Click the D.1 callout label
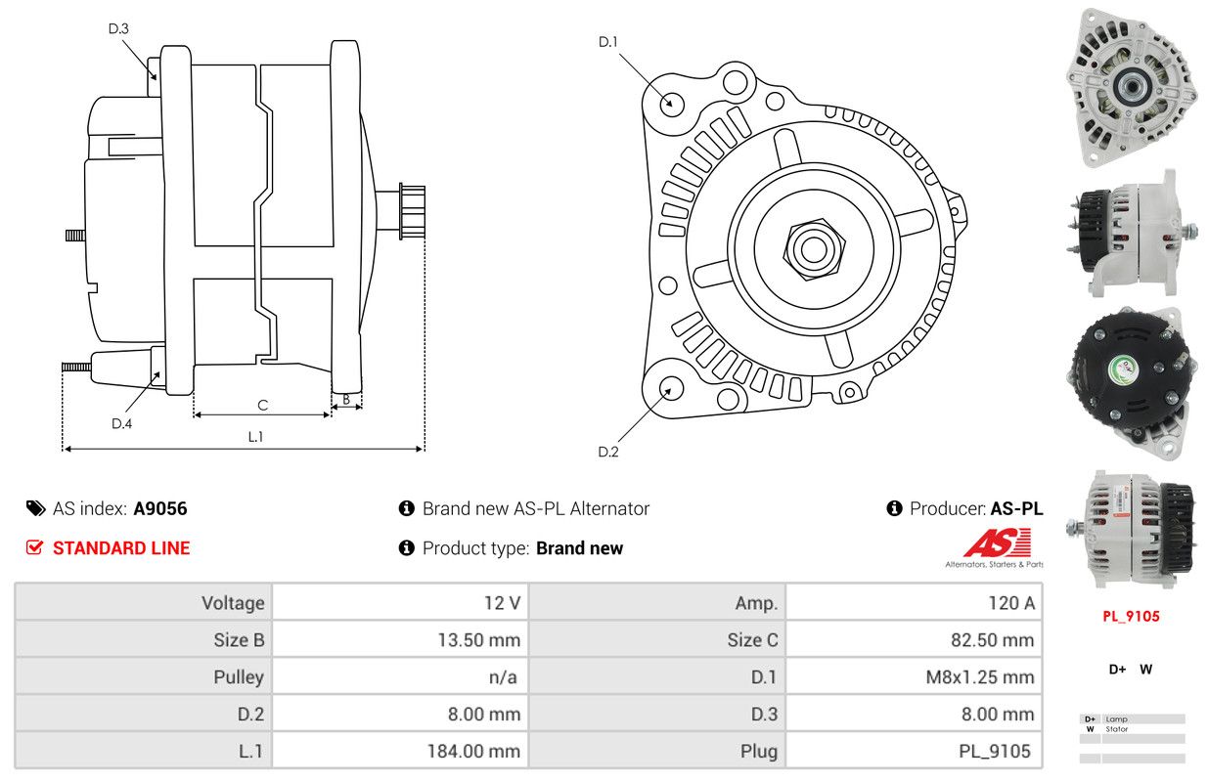608,42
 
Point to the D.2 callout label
608,452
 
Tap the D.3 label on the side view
118,28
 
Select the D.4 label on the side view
121,423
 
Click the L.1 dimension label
255,437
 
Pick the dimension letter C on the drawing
262,405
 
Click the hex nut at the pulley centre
811,248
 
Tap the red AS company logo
997,543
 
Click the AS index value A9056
160,508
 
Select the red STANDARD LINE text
121,548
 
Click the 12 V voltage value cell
400,603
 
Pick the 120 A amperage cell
915,603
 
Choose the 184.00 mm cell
400,751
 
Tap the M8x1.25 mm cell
915,676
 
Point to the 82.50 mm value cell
915,640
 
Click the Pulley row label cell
144,676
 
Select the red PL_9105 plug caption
1131,617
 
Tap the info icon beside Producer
894,508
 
